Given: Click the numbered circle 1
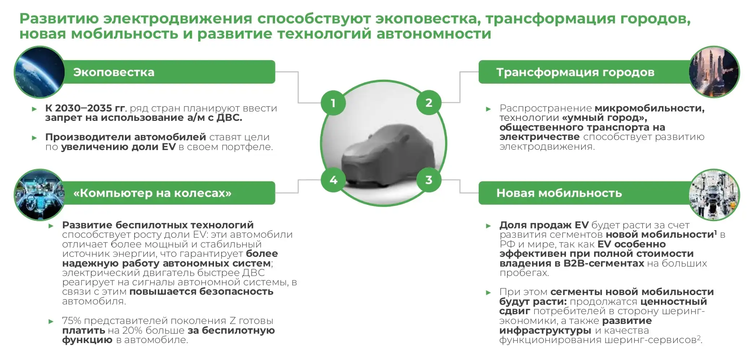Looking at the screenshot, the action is click(x=333, y=103).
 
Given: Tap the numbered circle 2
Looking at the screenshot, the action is click(x=429, y=103).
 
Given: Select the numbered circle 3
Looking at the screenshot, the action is click(x=429, y=180).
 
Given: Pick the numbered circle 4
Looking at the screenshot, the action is click(x=333, y=180).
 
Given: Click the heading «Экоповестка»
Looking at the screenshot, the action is click(x=114, y=72).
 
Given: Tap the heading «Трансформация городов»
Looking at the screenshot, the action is click(x=575, y=72).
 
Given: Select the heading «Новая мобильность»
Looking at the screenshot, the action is click(x=559, y=193).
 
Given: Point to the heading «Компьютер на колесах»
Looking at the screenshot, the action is click(x=152, y=193).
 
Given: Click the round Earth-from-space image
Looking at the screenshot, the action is click(x=39, y=72).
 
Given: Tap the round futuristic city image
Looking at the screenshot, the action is click(x=714, y=72).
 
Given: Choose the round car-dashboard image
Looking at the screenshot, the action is click(x=39, y=194).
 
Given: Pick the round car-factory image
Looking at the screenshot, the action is click(x=714, y=194).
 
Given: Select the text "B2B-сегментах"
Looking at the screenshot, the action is click(x=603, y=263).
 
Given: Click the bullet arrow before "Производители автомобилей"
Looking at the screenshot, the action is click(x=35, y=137).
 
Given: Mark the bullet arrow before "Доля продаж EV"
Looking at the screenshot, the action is click(x=489, y=226).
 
